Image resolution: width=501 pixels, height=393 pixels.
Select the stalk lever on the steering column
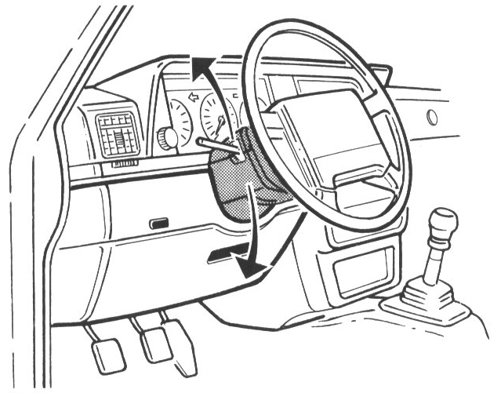click(x=215, y=145)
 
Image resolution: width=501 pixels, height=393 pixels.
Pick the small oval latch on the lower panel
click(x=160, y=224)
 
